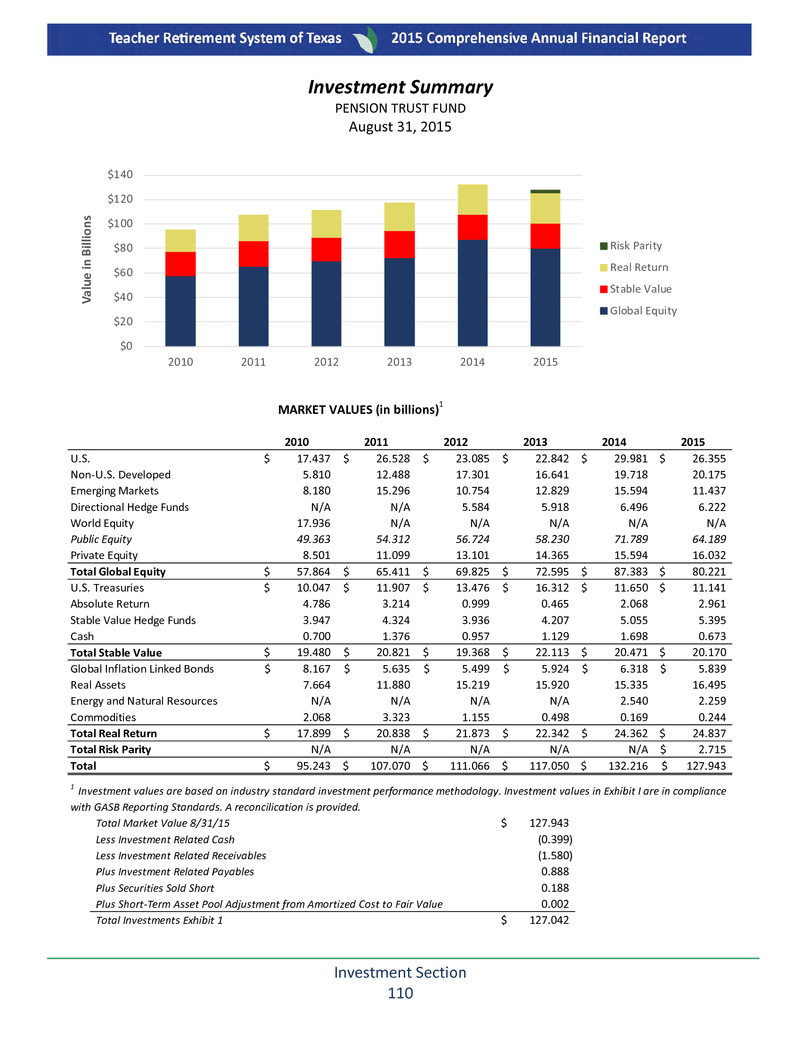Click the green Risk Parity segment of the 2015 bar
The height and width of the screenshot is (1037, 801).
point(545,191)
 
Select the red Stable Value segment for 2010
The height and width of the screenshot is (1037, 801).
point(180,263)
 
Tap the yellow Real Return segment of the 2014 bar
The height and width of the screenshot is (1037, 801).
point(472,199)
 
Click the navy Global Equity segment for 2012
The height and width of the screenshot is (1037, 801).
point(326,304)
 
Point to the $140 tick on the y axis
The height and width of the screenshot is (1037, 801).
point(120,174)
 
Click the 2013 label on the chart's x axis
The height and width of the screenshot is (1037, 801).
point(399,362)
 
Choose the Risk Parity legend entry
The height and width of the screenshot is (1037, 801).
point(631,246)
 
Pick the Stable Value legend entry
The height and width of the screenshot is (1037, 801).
point(636,288)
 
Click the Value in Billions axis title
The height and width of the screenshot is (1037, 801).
point(86,259)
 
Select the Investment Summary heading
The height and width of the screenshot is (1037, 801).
point(400,87)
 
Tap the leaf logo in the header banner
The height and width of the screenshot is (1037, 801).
point(366,40)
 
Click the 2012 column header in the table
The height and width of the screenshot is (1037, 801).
point(456,442)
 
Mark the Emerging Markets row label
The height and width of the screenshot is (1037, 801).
point(114,491)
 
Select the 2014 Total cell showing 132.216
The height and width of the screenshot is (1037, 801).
point(628,765)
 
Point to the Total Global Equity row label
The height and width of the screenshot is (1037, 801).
point(118,572)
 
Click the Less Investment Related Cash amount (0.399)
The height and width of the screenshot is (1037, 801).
point(555,839)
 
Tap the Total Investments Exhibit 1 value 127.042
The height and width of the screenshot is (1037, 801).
point(548,920)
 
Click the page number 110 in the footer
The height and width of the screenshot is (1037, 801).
point(400,993)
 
